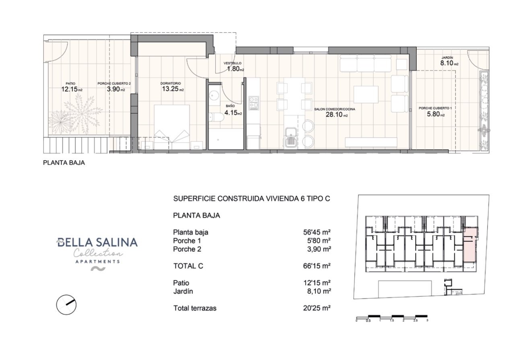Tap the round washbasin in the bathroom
coord(214,95)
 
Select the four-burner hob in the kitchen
coord(253,103)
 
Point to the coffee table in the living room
coord(366,95)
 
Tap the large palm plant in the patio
coord(82,111)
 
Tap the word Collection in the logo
coord(98,253)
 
